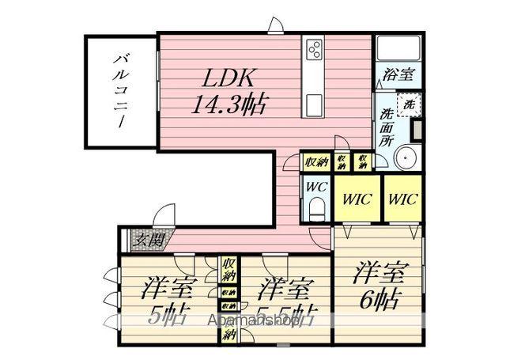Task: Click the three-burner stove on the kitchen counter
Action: tap(314, 50)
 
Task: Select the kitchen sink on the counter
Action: tap(314, 104)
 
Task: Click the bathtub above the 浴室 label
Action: tap(397, 50)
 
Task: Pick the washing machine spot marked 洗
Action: tap(409, 103)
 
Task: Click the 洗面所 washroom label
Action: tap(387, 126)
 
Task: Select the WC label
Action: tap(315, 188)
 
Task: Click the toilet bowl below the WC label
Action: tap(317, 209)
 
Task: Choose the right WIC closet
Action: tap(402, 198)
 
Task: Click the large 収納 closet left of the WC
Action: tap(317, 161)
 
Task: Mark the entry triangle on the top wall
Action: tap(274, 25)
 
